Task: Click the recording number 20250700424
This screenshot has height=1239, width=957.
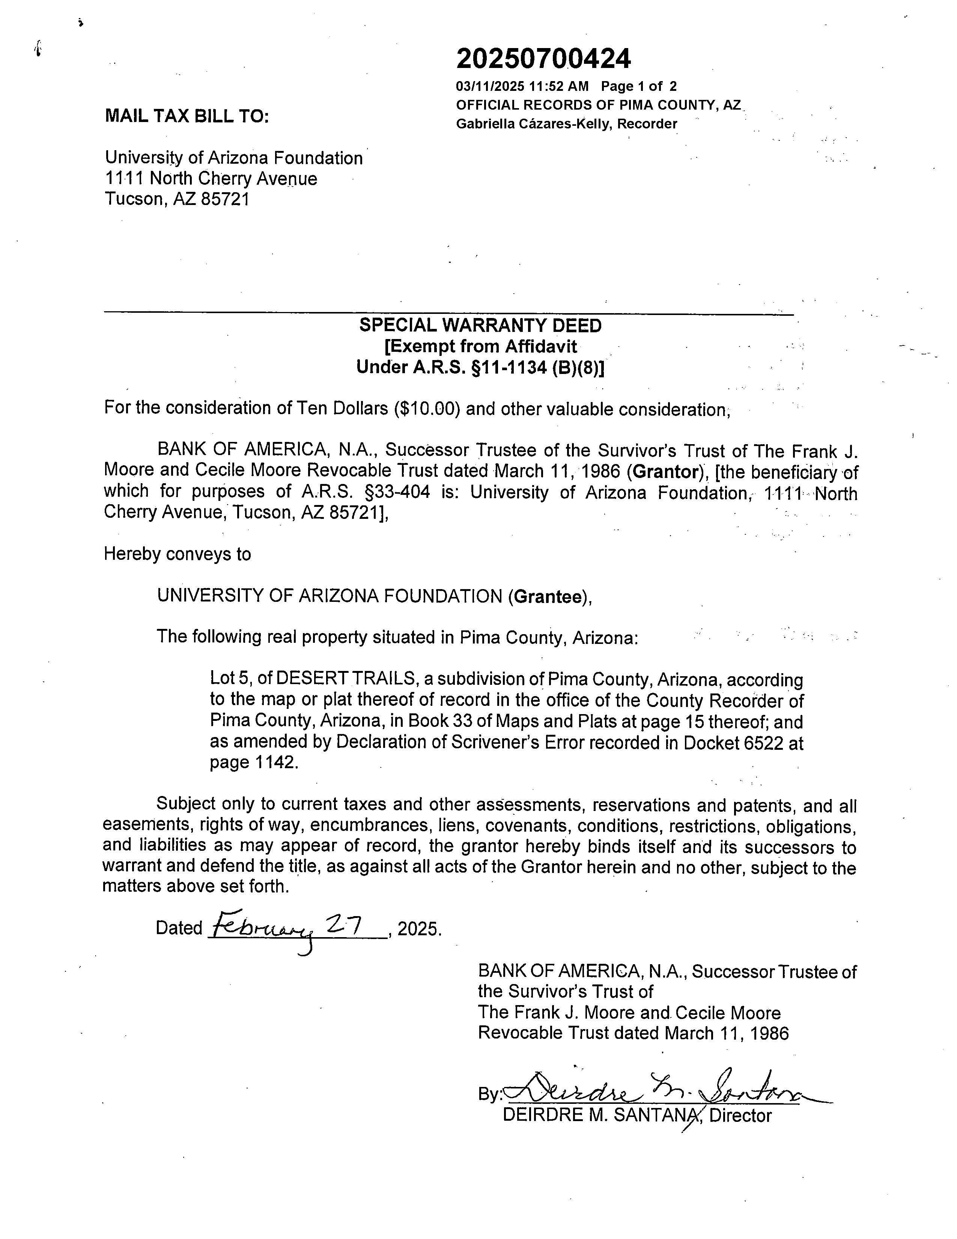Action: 543,59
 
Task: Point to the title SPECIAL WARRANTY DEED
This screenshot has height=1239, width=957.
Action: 480,326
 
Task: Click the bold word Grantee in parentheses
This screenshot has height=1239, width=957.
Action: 548,596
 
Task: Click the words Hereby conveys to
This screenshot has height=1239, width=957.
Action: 177,554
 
